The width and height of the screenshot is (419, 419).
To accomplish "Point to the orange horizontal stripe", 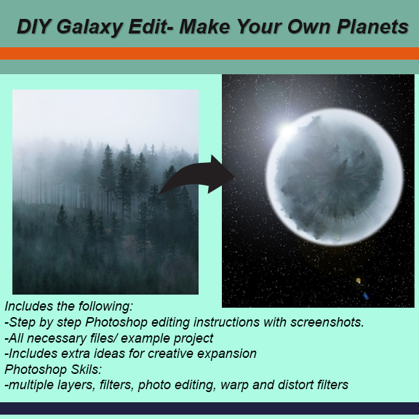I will click(x=209, y=53).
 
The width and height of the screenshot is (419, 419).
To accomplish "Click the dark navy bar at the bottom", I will click(x=209, y=408).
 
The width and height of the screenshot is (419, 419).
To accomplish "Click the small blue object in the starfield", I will click(x=366, y=296).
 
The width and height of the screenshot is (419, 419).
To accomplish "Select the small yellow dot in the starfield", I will click(x=358, y=281).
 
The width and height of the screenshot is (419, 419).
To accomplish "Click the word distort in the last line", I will click(x=288, y=384).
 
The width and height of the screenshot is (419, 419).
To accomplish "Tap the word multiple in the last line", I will click(x=30, y=384).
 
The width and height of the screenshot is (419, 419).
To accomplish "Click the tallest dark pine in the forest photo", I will click(x=107, y=175).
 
